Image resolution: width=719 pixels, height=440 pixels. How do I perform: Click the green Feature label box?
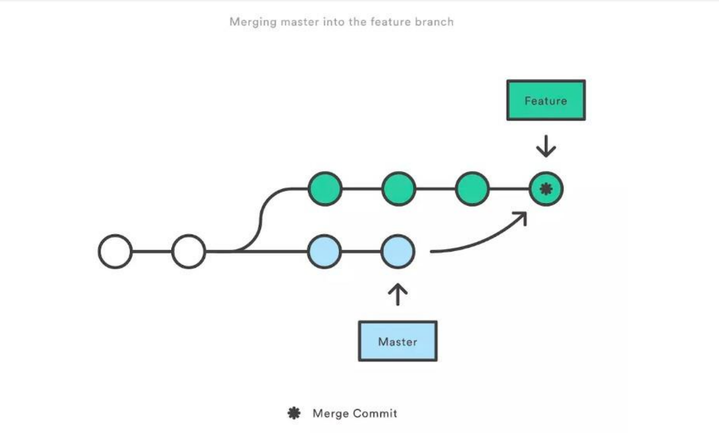click(x=546, y=100)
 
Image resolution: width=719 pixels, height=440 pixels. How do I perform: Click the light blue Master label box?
click(x=397, y=341)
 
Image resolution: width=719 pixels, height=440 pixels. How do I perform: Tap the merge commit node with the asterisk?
click(x=546, y=189)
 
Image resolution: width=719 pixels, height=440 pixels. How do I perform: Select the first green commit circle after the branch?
click(x=325, y=189)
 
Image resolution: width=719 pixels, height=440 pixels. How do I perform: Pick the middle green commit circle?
click(x=398, y=189)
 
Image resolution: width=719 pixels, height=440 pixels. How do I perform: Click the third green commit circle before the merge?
click(x=472, y=189)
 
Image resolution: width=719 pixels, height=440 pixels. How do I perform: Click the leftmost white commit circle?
click(x=115, y=251)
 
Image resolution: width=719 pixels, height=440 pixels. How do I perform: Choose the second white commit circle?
click(x=188, y=251)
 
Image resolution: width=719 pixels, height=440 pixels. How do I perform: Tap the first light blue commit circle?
click(x=324, y=251)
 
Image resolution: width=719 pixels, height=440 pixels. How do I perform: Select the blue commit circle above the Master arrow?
click(x=397, y=251)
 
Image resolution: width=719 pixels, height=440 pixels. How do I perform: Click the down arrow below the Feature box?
click(x=546, y=146)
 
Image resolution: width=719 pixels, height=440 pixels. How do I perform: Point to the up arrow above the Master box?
click(x=397, y=294)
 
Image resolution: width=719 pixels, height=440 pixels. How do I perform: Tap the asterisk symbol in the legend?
click(x=294, y=413)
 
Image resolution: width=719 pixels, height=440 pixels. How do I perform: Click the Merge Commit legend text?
click(x=354, y=413)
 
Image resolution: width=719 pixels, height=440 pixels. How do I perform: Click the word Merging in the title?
click(x=253, y=22)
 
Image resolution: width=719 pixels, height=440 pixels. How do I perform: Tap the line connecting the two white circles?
click(x=152, y=251)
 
